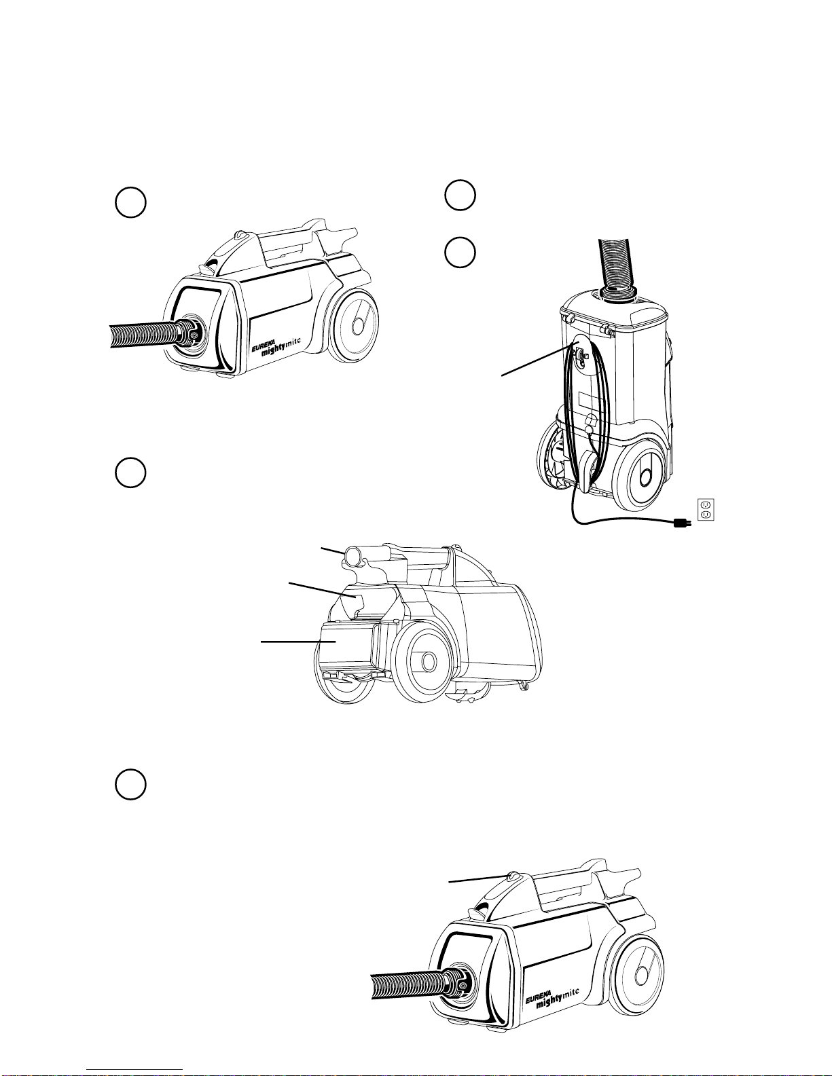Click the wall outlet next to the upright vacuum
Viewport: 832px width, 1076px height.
tap(705, 510)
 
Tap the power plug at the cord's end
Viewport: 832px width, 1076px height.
tap(682, 523)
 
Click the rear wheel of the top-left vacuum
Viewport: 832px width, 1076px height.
tap(354, 327)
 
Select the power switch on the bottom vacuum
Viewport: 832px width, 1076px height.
tap(512, 878)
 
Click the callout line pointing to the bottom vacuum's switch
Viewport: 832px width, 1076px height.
tap(479, 879)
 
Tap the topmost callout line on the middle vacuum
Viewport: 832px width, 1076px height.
tap(332, 552)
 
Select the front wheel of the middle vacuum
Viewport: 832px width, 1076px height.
tap(427, 661)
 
